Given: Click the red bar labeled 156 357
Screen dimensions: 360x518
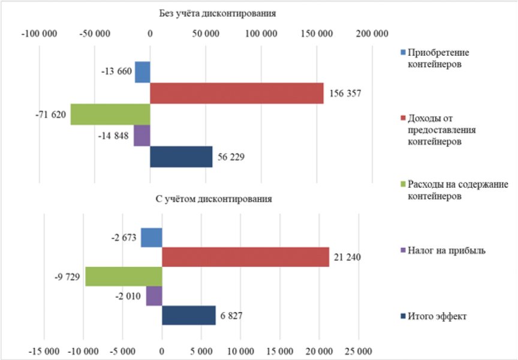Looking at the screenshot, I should [x=237, y=93].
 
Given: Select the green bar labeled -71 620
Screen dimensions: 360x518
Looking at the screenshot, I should [x=110, y=114].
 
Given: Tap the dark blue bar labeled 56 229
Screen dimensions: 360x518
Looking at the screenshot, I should [x=181, y=157].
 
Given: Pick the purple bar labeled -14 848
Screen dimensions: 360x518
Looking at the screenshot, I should [x=142, y=136].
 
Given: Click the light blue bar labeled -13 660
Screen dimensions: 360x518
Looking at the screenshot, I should [x=142, y=72].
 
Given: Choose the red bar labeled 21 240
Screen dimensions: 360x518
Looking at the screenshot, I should [x=245, y=257].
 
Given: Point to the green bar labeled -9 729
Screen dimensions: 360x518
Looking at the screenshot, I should [x=124, y=277].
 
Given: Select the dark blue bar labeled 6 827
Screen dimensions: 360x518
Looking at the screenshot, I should [x=188, y=315].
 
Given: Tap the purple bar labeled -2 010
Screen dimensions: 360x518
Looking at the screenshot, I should [x=154, y=296].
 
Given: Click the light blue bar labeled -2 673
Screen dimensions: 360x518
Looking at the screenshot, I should [x=152, y=238].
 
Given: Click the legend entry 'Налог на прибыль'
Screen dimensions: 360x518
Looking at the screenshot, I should [x=445, y=250].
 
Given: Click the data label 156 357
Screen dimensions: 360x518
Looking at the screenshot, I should [x=345, y=94].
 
